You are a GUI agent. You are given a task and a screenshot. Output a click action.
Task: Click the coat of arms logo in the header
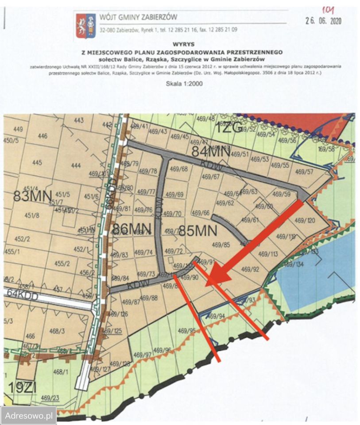pyautogui.click(x=85, y=25)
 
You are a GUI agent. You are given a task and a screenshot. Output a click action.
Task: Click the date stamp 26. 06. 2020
pyautogui.click(x=324, y=21)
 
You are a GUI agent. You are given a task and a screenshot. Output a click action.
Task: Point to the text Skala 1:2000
pyautogui.click(x=184, y=83)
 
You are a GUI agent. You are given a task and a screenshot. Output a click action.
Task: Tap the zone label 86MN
pyautogui.click(x=132, y=229)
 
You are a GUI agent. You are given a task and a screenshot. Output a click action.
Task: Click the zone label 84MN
pyautogui.click(x=210, y=151)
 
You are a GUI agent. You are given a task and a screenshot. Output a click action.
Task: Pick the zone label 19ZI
pyautogui.click(x=22, y=387)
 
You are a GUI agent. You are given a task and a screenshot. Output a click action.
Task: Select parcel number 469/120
pyautogui.click(x=305, y=220)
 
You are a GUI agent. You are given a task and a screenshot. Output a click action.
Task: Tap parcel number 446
pyautogui.click(x=43, y=136)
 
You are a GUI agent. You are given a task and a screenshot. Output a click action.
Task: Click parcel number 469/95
pyautogui.click(x=186, y=331)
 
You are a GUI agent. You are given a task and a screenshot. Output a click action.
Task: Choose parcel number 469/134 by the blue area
pyautogui.click(x=293, y=264)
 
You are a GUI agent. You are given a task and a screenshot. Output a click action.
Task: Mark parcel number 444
pyautogui.click(x=76, y=166)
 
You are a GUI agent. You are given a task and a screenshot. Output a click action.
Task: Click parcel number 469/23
pyautogui.click(x=51, y=397)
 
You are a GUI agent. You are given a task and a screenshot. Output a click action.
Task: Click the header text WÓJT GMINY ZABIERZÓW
pyautogui.click(x=138, y=17)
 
